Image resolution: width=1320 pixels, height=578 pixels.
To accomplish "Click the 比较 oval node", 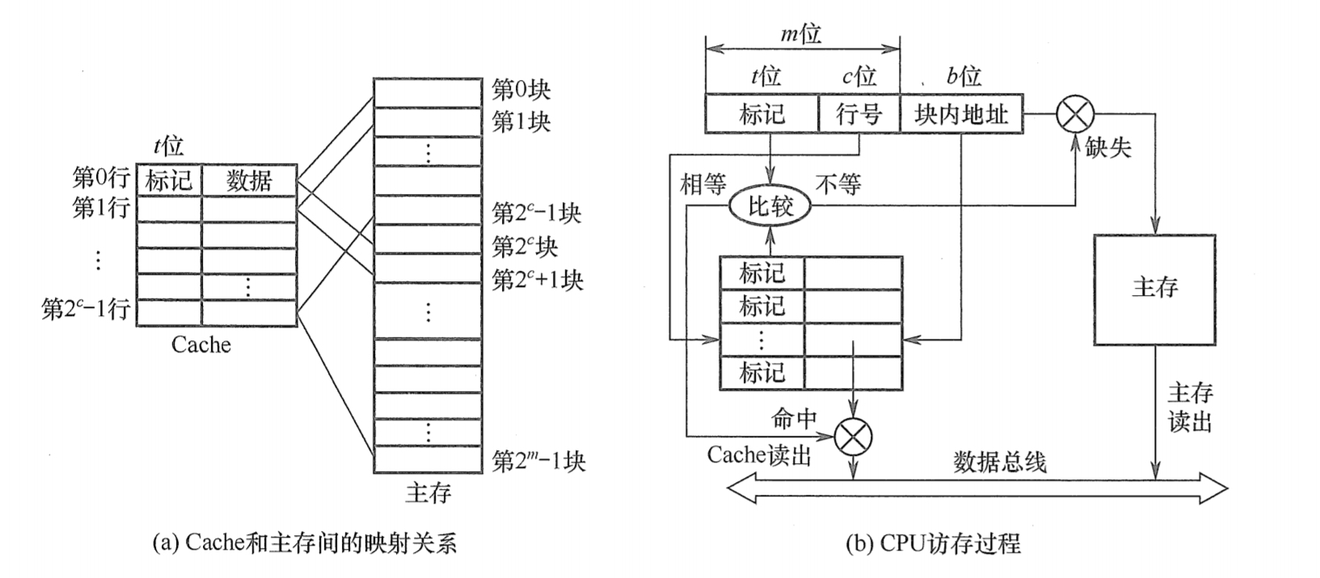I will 770,207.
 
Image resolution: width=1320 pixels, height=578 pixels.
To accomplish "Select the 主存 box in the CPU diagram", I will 1154,289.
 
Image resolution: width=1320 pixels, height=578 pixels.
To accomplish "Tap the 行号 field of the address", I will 858,114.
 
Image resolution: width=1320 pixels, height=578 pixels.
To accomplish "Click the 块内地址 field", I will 960,114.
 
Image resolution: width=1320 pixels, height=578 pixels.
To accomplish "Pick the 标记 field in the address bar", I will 761,114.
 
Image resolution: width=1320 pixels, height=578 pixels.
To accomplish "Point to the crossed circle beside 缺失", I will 1075,114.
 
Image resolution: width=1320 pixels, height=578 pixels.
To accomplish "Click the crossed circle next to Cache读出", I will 854,437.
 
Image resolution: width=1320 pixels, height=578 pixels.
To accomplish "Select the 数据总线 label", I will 999,462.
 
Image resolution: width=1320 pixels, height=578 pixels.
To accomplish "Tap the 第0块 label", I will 521,90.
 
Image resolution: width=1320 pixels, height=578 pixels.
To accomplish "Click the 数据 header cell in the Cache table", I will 249,180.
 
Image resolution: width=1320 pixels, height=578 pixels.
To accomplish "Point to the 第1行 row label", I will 101,208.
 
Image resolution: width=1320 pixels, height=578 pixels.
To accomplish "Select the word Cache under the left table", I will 201,345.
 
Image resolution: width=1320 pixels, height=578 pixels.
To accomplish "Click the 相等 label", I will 703,185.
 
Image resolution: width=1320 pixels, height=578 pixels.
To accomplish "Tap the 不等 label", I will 838,185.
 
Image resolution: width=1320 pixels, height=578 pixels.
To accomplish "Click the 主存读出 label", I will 1190,407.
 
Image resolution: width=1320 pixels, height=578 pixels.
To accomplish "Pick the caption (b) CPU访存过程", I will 933,542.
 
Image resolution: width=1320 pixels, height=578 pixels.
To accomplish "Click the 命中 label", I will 795,418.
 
